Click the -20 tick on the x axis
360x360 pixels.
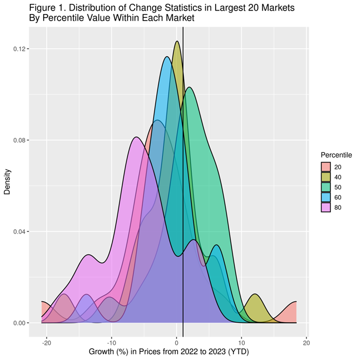pyautogui.click(x=47, y=342)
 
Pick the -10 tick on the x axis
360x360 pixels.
pyautogui.click(x=112, y=342)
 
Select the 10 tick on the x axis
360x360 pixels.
pyautogui.click(x=242, y=342)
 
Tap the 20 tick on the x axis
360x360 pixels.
pyautogui.click(x=306, y=342)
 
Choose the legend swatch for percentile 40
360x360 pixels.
pyautogui.click(x=326, y=177)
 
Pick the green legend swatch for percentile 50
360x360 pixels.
pyautogui.click(x=326, y=186)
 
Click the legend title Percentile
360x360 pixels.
pyautogui.click(x=336, y=155)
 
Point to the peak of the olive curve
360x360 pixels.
pyautogui.click(x=177, y=42)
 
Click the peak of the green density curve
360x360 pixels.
pyautogui.click(x=189, y=88)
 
